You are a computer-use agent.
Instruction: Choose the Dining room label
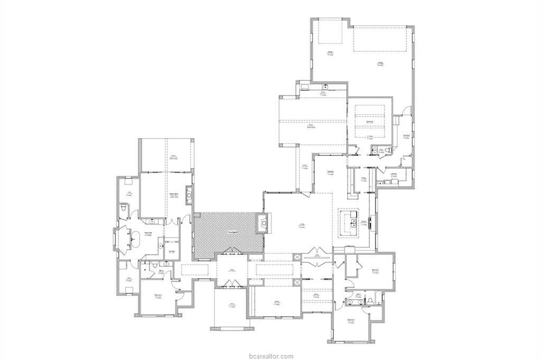click(x=276, y=302)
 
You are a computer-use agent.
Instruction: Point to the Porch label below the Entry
click(x=231, y=304)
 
